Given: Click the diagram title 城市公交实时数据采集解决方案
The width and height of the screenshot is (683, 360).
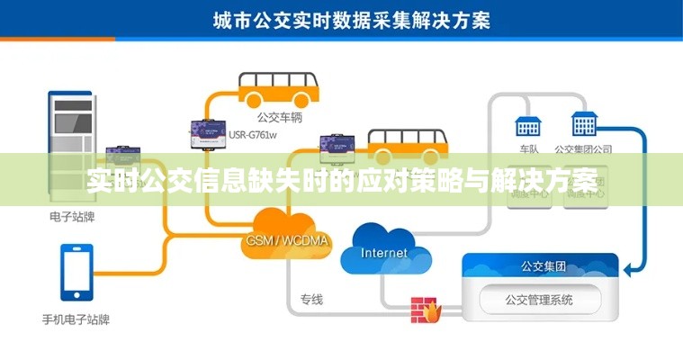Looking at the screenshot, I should pyautogui.click(x=351, y=19).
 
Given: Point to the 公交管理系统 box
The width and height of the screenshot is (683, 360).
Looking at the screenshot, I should pyautogui.click(x=539, y=300).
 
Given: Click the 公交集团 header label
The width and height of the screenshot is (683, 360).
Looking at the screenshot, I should pyautogui.click(x=543, y=265).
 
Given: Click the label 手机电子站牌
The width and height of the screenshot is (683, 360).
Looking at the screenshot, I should pyautogui.click(x=76, y=319).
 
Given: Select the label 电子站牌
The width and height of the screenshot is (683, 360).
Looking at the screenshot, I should pyautogui.click(x=72, y=217).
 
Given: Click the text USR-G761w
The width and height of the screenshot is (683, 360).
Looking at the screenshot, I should pyautogui.click(x=253, y=136).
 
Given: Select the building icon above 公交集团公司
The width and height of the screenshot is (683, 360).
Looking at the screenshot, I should pyautogui.click(x=584, y=124).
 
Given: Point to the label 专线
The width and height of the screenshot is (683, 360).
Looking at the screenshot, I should pyautogui.click(x=311, y=300).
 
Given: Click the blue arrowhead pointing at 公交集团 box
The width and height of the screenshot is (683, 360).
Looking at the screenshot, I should pyautogui.click(x=629, y=267).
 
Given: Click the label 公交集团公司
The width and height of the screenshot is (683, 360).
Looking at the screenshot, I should pyautogui.click(x=583, y=149).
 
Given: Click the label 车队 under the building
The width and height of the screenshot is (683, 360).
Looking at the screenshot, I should pyautogui.click(x=528, y=149).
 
